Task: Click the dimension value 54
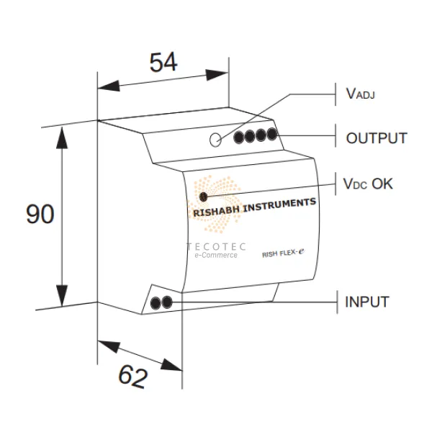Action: [x=163, y=63]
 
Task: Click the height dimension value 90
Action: [x=40, y=215]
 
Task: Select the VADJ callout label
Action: [x=361, y=93]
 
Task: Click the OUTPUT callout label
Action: [x=377, y=138]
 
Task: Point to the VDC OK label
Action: [x=368, y=184]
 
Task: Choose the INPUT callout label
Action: [x=367, y=302]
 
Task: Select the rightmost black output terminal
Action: [x=271, y=133]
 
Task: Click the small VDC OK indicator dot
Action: [x=204, y=196]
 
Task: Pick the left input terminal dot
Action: [x=156, y=302]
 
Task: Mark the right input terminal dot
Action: [x=167, y=302]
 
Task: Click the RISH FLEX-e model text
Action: [x=284, y=252]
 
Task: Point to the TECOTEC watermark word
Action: [x=217, y=247]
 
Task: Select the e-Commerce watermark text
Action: [x=217, y=256]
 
